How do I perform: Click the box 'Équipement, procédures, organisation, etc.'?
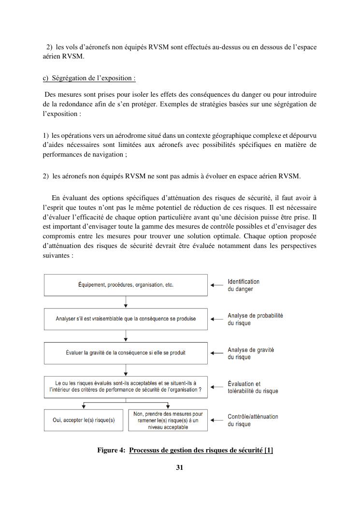[126, 285]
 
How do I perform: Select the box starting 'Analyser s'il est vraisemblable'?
[126, 319]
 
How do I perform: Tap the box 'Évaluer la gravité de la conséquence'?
[126, 353]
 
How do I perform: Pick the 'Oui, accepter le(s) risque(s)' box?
[84, 420]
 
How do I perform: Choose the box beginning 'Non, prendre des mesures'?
[168, 420]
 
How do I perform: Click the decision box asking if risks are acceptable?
[126, 387]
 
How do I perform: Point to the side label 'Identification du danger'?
[244, 285]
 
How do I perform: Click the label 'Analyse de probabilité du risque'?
[255, 319]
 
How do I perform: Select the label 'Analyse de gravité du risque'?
[251, 353]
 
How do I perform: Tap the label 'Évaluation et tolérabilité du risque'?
[253, 387]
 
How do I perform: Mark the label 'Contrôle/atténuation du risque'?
[253, 420]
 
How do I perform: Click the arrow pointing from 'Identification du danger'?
[217, 285]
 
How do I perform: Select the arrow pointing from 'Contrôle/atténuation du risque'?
[217, 420]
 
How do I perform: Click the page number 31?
[180, 467]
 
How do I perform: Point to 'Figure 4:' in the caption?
[111, 451]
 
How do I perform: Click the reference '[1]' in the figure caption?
[269, 451]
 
